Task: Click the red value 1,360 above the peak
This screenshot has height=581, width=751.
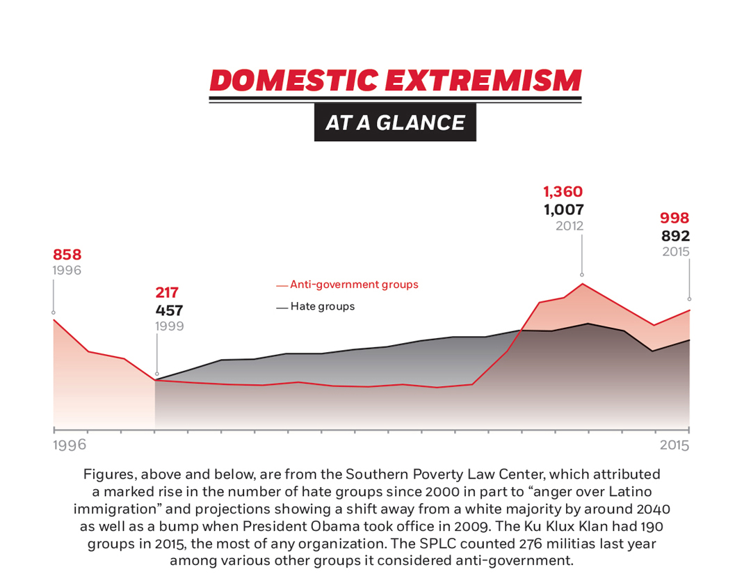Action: tap(563, 191)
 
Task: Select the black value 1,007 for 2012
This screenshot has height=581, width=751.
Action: tap(563, 209)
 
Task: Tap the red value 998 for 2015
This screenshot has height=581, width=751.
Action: tap(675, 218)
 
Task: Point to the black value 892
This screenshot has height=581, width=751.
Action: tap(675, 236)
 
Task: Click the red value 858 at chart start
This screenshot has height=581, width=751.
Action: tap(67, 255)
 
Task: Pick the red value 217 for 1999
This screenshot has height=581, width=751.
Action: tap(167, 293)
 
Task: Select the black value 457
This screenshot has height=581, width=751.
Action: tap(169, 310)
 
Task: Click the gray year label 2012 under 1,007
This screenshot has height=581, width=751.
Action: tap(569, 225)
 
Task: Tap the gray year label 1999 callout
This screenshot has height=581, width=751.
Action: tap(170, 326)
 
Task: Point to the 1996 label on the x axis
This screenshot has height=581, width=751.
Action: tap(70, 445)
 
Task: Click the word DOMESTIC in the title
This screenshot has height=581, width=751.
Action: tap(293, 81)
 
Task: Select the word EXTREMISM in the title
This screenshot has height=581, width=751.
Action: tap(483, 81)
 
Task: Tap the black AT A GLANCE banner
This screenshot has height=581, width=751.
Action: tap(395, 122)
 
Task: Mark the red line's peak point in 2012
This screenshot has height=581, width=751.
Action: tap(582, 284)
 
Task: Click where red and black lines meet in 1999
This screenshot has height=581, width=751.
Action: tap(156, 380)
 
